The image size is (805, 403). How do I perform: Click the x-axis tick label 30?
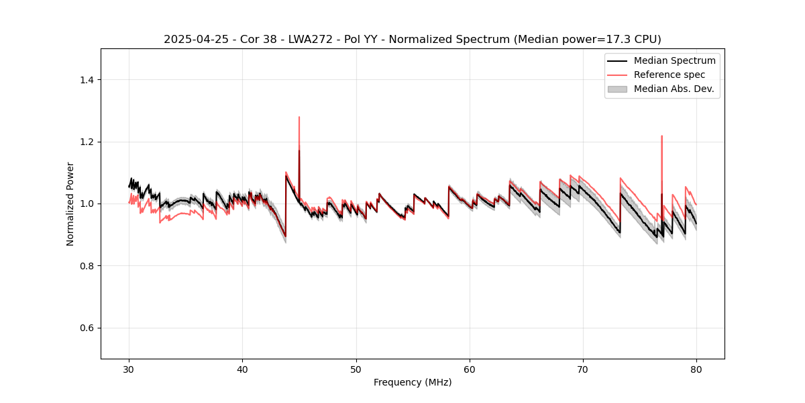[129, 369]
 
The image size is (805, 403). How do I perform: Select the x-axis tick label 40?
[242, 369]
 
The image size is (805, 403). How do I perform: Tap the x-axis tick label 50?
[356, 369]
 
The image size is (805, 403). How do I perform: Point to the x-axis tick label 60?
[470, 369]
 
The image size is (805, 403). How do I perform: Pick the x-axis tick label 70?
[583, 369]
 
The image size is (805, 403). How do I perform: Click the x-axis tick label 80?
[696, 369]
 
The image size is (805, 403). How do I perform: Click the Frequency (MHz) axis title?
[413, 382]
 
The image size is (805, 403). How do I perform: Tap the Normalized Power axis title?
[70, 204]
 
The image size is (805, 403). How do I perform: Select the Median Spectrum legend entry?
[674, 60]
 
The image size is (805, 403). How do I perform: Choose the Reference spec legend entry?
[669, 75]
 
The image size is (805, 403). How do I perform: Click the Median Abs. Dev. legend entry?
[674, 89]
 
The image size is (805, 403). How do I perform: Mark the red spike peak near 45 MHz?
[299, 117]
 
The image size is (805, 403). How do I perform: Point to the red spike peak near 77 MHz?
[661, 136]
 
